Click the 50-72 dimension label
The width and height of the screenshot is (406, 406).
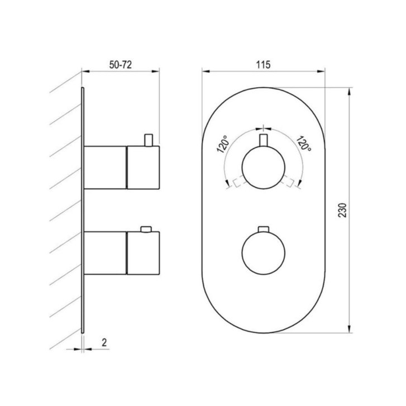(121, 65)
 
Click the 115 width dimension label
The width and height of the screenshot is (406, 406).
(264, 65)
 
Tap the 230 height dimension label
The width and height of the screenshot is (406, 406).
(342, 210)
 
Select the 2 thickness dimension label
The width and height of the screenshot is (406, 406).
(104, 342)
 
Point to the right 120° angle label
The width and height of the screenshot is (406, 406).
(303, 143)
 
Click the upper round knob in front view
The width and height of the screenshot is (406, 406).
(264, 168)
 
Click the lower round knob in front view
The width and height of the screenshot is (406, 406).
(264, 252)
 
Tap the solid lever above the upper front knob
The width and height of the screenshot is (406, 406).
(264, 140)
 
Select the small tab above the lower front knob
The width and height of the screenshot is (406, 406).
(264, 229)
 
